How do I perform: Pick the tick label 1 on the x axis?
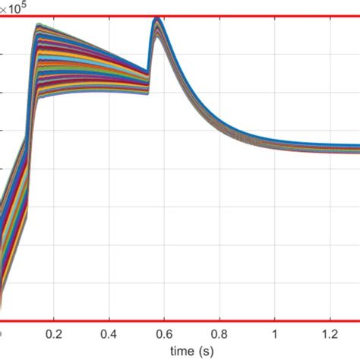(275, 333)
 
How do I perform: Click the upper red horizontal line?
(228, 15)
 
